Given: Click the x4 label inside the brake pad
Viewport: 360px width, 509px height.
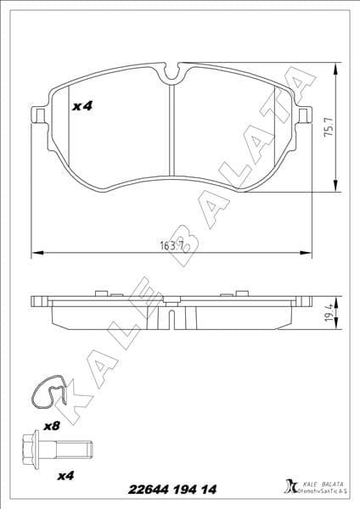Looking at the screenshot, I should point(82,106).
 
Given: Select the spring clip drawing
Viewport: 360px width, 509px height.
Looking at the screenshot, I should point(50,393).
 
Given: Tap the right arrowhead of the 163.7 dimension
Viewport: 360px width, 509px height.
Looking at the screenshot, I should point(307,253).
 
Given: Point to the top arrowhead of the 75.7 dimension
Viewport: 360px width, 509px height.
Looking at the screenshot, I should point(338,66).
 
